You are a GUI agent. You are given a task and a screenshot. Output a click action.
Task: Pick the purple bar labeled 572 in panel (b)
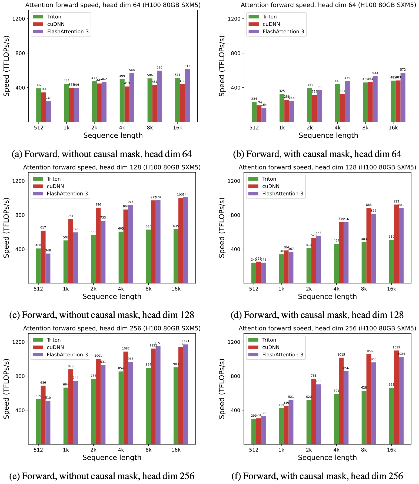(x=403, y=97)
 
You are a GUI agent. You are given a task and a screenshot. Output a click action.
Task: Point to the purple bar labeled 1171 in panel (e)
(x=185, y=394)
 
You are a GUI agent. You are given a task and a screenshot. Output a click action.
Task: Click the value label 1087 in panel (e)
(x=126, y=349)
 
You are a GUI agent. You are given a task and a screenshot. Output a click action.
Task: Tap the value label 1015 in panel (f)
(x=341, y=354)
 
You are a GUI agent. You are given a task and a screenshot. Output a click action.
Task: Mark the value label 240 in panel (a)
(x=48, y=98)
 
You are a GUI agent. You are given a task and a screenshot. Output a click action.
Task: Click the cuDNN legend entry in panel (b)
(x=271, y=24)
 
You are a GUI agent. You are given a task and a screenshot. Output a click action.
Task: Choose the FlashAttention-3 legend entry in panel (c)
(x=67, y=194)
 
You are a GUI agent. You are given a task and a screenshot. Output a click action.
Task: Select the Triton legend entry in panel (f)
(x=269, y=340)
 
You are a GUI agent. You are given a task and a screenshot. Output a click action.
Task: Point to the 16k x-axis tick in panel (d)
(x=391, y=289)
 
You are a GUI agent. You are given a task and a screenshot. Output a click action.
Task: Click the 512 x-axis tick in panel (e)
(x=38, y=450)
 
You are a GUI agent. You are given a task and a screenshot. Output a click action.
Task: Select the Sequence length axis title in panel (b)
(x=328, y=135)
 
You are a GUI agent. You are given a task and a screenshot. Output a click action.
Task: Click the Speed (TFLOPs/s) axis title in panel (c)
(x=7, y=228)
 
